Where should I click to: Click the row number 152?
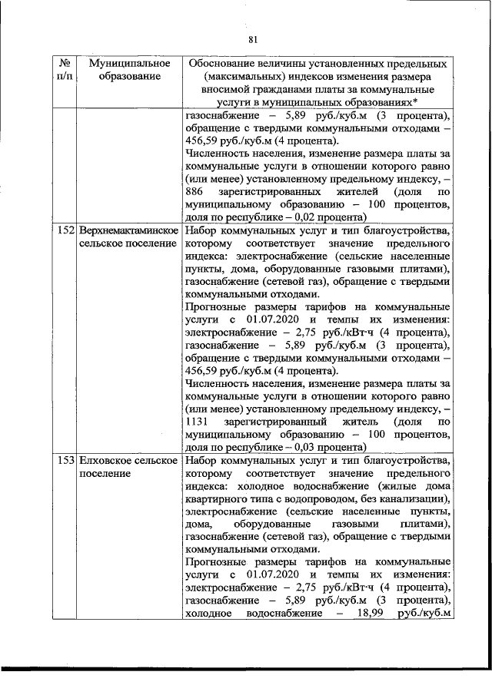(x=66, y=230)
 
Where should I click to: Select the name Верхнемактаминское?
(x=128, y=230)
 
